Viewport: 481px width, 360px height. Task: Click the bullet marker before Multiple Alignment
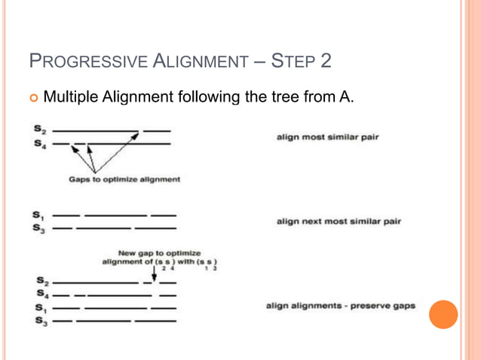tap(35, 97)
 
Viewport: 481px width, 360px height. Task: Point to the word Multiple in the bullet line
tap(70, 96)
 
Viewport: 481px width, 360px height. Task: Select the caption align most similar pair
tap(327, 138)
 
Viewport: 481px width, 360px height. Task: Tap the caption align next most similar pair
tap(339, 221)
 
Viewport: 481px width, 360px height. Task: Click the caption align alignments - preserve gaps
tap(340, 307)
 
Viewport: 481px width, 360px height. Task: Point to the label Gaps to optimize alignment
tap(124, 179)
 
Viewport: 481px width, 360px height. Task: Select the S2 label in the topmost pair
tap(38, 131)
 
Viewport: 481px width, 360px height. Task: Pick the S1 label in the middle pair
tap(38, 215)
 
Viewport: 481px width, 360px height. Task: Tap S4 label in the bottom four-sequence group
tap(38, 295)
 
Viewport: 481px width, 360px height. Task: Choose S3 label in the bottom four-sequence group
tap(38, 321)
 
